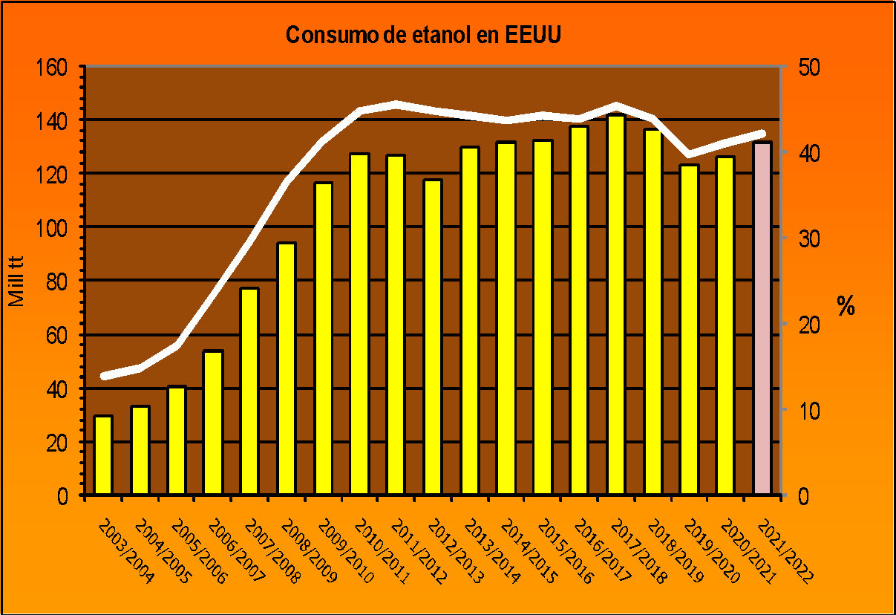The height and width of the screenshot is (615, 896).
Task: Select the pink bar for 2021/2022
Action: coord(762,319)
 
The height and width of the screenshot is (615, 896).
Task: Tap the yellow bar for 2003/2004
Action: coord(103,455)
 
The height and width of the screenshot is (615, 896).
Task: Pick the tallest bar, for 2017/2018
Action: coord(616,305)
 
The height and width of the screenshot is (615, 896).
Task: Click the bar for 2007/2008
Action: coord(249,391)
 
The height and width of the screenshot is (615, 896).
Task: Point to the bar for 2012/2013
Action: coord(433,337)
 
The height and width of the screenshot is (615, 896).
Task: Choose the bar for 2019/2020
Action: coord(690,330)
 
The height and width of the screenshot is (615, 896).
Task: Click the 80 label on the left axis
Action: coord(56,282)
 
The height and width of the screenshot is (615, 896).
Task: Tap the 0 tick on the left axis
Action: coord(63,496)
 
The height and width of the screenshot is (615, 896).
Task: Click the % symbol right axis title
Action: coord(846,305)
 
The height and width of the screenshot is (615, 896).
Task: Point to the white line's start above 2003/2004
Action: coord(103,376)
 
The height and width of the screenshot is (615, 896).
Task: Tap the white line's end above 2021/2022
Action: coord(762,134)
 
